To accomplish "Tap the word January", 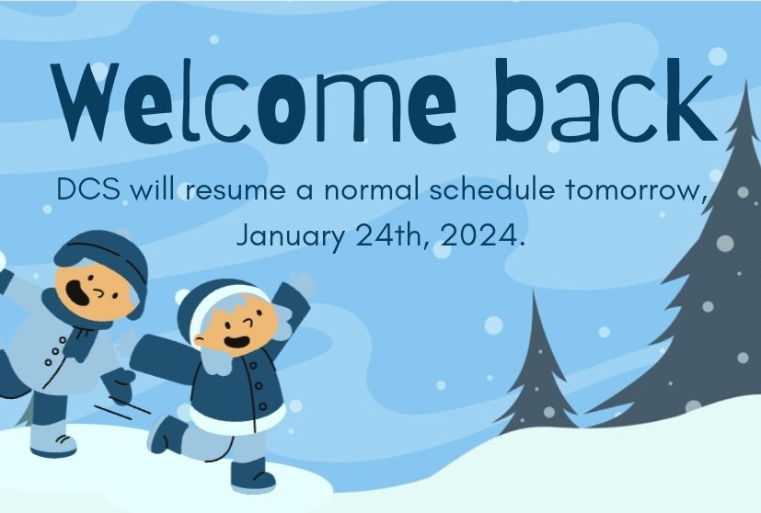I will coord(291,236).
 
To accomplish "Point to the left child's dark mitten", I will coord(118,382).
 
